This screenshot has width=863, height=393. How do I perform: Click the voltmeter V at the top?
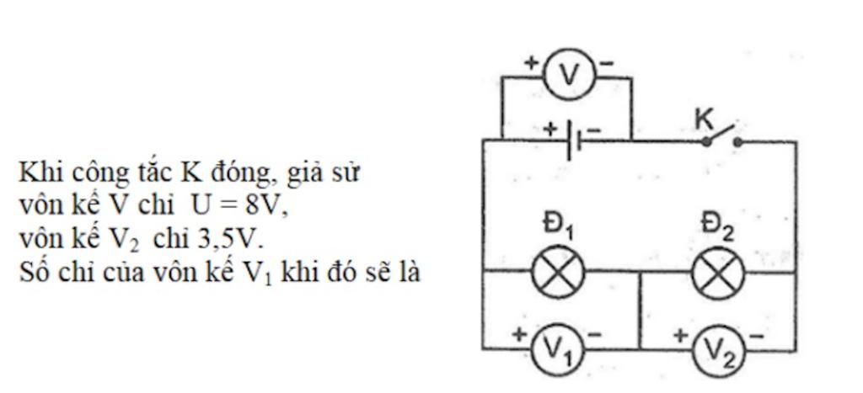[571, 75]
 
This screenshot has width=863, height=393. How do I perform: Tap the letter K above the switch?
[704, 119]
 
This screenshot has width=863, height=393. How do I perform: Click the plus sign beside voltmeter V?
[532, 62]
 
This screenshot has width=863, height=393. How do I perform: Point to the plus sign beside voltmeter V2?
[680, 335]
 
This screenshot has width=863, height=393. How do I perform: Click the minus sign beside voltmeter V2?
[755, 336]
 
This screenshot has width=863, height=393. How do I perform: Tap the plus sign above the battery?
[550, 129]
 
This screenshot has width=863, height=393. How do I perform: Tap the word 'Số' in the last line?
[33, 273]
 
